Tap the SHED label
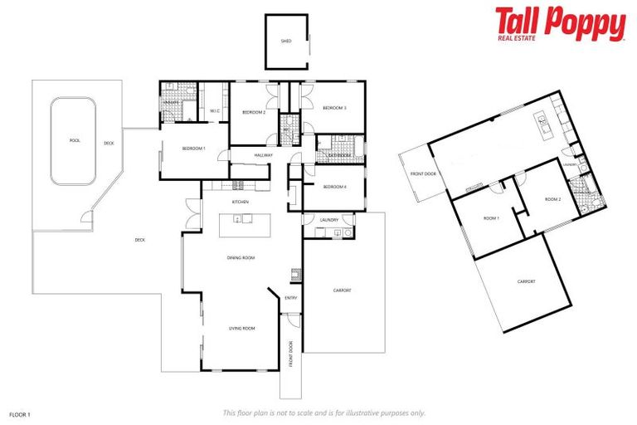point(286,40)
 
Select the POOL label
point(74,140)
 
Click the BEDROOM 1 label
point(193,149)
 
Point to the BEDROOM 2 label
point(253,111)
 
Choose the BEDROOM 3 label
point(334,108)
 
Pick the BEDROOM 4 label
point(334,187)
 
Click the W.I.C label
point(214,111)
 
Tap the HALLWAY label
point(264,154)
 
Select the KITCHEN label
point(241,202)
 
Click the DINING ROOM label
point(241,258)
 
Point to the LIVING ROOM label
point(241,329)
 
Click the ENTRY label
point(291,297)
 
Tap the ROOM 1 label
point(492,217)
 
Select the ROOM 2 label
point(552,200)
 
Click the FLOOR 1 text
point(19,413)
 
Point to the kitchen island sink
point(238,220)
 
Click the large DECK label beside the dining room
point(139,241)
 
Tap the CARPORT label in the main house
point(342,291)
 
